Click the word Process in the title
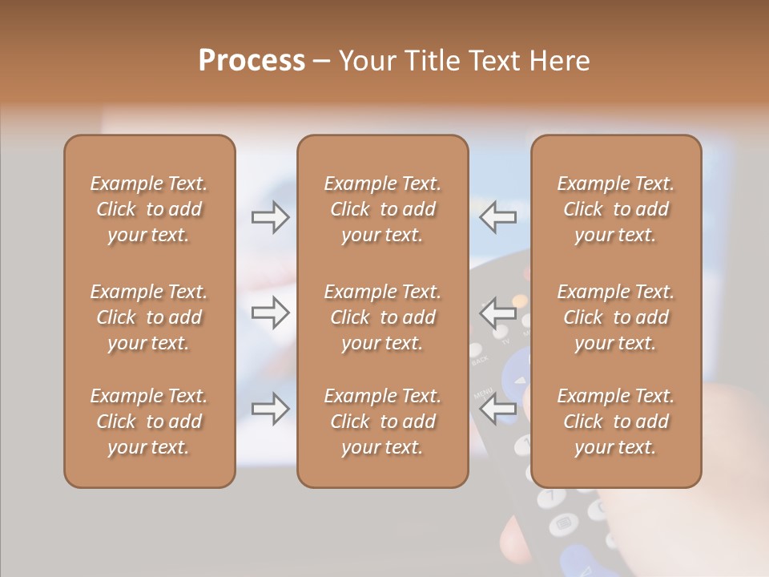click(252, 61)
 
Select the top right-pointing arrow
click(270, 218)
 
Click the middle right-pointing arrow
click(270, 313)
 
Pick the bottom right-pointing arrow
click(270, 409)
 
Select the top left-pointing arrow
click(498, 216)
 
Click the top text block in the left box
click(149, 209)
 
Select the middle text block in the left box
click(149, 317)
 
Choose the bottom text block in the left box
click(149, 422)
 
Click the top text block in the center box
click(383, 209)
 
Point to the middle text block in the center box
click(383, 317)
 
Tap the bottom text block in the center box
click(383, 422)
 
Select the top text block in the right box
click(616, 209)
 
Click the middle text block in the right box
click(616, 317)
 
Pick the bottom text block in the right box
click(616, 422)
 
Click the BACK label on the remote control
click(480, 360)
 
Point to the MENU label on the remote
click(482, 393)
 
